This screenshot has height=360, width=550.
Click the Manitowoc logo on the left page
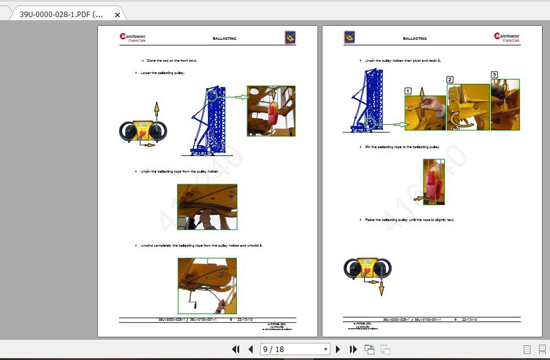(x=133, y=38)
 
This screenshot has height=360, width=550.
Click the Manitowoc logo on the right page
(x=507, y=37)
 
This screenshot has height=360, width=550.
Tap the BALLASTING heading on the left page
(x=224, y=39)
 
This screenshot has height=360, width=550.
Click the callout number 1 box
(x=408, y=91)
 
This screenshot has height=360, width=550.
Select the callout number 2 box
(x=450, y=80)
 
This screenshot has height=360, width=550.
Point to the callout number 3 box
(x=494, y=75)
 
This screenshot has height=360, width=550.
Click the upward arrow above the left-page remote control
(x=156, y=111)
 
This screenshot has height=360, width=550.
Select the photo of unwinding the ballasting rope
(x=207, y=285)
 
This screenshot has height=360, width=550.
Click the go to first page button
(x=236, y=349)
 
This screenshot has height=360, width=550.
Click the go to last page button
(x=353, y=349)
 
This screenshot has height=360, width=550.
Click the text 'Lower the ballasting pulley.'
(x=163, y=73)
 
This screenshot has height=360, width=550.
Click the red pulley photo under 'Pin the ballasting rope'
(x=433, y=182)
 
